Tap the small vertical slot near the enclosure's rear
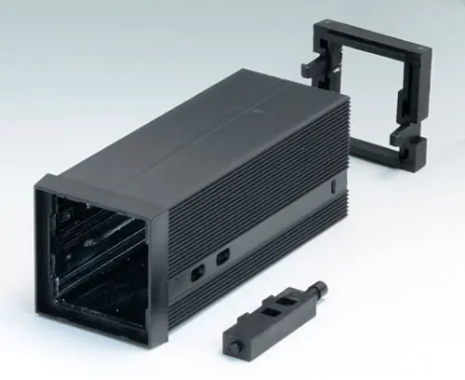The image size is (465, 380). pyautogui.click(x=334, y=186)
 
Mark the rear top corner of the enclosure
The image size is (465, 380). pyautogui.click(x=341, y=93)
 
